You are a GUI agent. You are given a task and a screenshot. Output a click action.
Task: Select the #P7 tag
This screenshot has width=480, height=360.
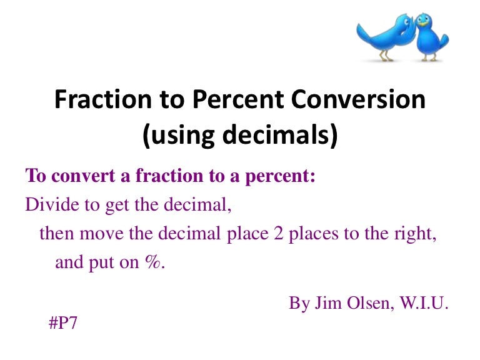(64, 323)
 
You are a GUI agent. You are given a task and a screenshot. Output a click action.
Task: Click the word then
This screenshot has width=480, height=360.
(54, 234)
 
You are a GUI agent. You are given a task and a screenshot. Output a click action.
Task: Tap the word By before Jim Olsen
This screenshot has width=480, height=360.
(298, 303)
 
